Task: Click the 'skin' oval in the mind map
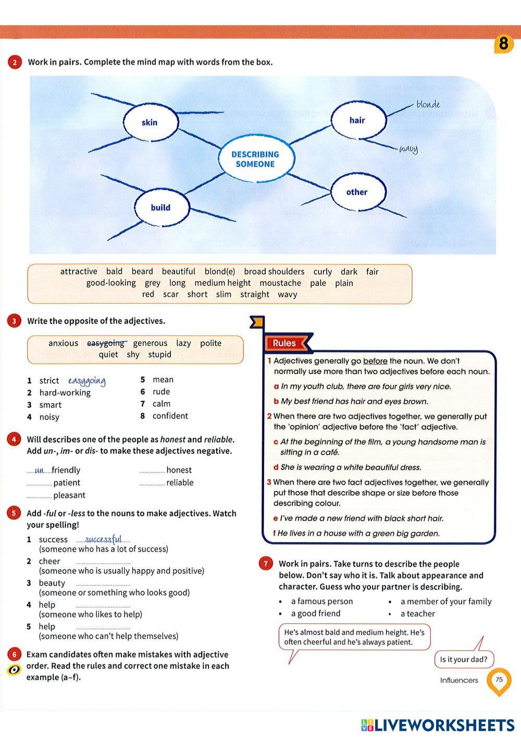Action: click(150, 122)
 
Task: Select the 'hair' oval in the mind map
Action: click(358, 120)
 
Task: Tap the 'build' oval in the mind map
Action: click(161, 207)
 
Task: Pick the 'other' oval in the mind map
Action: click(357, 192)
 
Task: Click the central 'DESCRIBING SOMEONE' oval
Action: click(255, 159)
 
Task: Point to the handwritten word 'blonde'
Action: click(428, 105)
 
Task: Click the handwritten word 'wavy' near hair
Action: click(408, 149)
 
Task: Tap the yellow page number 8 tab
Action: click(503, 43)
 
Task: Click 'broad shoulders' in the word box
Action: click(274, 271)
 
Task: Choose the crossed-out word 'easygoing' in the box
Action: click(106, 343)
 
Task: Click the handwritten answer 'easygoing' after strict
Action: click(87, 381)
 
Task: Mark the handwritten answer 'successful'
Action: click(103, 539)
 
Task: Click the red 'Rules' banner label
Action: click(284, 343)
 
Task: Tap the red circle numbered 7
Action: click(266, 564)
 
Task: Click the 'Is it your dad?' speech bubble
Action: click(463, 659)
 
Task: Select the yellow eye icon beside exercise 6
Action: click(14, 670)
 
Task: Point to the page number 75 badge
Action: click(499, 680)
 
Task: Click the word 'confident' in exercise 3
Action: click(170, 416)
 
